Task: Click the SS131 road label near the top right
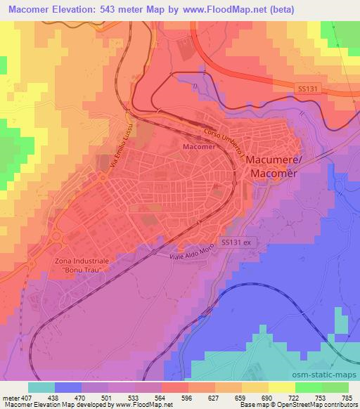pos(304,86)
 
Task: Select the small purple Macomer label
pos(197,148)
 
